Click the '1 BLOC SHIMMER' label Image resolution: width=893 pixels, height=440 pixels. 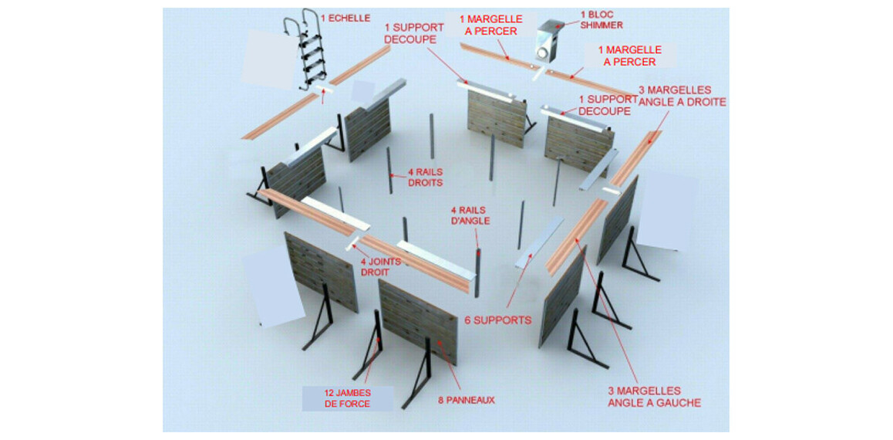coord(602,21)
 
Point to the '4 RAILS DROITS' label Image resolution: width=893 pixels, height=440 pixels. coord(426,178)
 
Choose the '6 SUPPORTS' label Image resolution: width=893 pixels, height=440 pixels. coord(497,320)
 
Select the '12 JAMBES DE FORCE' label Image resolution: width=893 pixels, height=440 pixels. coord(347,398)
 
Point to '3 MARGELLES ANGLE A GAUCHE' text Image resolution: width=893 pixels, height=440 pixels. coord(654,397)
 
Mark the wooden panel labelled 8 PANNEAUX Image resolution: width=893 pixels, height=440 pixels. coord(417,320)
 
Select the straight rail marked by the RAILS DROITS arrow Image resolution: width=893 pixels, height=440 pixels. coord(389,171)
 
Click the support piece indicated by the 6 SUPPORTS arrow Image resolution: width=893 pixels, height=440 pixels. coord(539,242)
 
